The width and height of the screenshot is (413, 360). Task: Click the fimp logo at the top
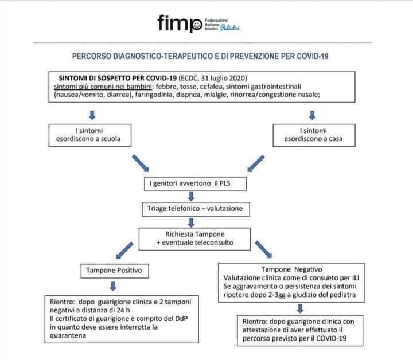tap(198, 24)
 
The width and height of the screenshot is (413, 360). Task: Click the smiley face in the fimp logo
tap(196, 25)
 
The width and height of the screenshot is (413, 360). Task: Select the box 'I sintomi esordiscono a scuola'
tap(90, 135)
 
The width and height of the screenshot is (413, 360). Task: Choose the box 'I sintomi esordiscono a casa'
tap(314, 135)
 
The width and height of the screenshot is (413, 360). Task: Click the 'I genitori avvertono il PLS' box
tap(195, 183)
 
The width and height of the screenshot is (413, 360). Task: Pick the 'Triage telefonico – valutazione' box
tap(196, 209)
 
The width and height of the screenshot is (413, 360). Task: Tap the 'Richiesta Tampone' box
tap(194, 238)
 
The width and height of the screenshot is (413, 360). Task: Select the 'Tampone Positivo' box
tap(115, 271)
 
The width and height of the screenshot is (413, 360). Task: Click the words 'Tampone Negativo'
tap(291, 269)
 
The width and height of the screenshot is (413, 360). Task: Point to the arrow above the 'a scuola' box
tap(92, 115)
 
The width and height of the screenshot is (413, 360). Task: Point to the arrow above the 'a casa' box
tap(312, 115)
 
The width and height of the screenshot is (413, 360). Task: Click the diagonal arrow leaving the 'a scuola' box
tap(141, 163)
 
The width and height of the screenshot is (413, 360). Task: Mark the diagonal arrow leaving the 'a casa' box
tap(256, 163)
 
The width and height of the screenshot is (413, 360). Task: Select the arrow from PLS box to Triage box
tap(191, 196)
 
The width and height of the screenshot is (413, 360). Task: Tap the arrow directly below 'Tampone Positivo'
tap(113, 286)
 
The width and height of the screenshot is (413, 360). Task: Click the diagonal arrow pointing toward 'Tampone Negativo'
tap(263, 249)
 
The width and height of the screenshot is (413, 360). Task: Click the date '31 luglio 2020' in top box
tap(224, 78)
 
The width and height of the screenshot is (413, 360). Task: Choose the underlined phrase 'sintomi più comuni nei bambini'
tap(103, 87)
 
